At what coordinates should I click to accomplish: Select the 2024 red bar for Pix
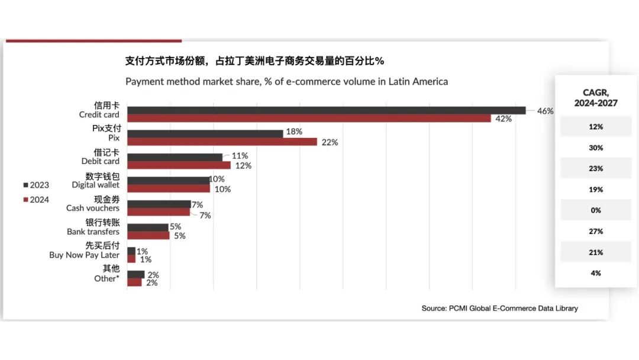click(222, 142)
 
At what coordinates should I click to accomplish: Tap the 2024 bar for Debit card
click(179, 165)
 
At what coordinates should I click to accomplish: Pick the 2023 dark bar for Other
click(135, 274)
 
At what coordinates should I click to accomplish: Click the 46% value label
click(545, 111)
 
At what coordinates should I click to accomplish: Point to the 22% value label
click(330, 142)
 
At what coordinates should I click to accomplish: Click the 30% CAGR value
click(596, 147)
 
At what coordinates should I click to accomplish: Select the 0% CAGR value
click(596, 210)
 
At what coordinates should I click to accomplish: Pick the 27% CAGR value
click(596, 231)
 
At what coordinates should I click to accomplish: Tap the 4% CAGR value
click(596, 273)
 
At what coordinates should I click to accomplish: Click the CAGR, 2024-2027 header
click(596, 98)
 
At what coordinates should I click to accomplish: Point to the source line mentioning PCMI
click(499, 308)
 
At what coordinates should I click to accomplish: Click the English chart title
click(286, 82)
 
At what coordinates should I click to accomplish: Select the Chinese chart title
click(254, 61)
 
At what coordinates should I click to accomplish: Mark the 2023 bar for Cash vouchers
click(159, 204)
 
